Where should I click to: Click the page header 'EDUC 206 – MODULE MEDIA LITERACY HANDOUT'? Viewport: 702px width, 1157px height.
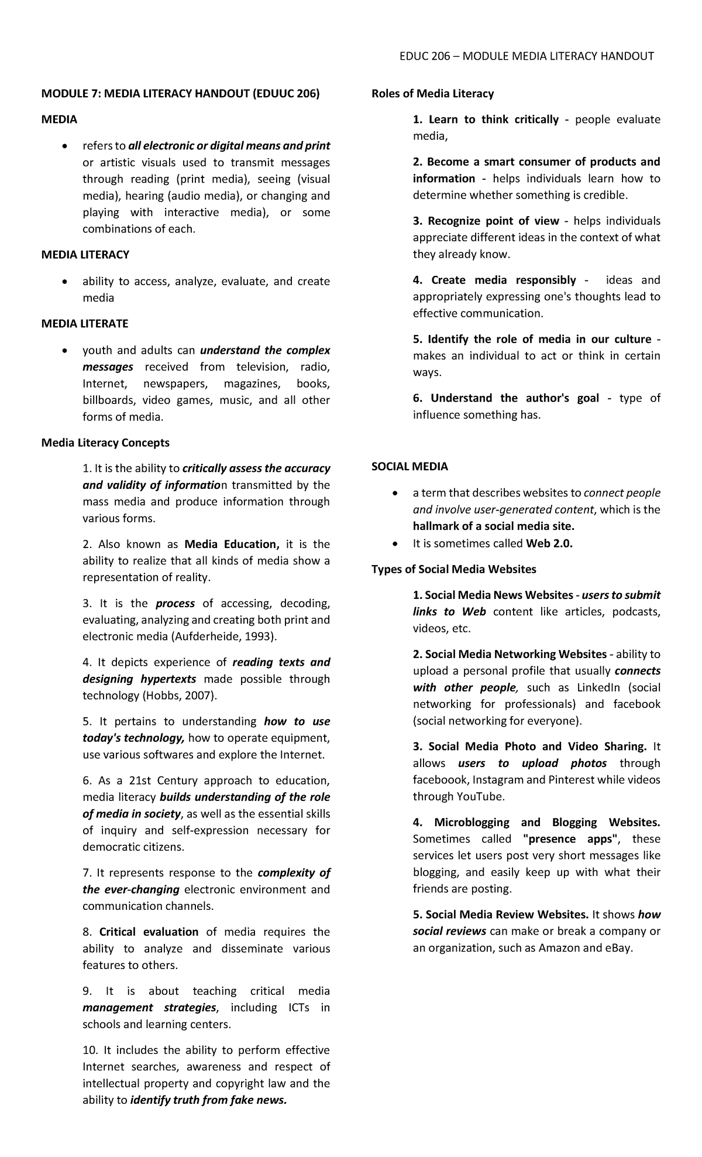[x=526, y=56]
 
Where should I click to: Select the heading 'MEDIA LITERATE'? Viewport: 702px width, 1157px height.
[x=84, y=324]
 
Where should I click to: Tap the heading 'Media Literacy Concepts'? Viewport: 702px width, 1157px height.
[x=105, y=443]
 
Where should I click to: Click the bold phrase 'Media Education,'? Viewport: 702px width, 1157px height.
[x=232, y=544]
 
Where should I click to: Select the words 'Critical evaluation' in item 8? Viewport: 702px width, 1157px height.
[x=149, y=932]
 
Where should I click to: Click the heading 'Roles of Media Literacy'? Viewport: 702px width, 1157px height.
[x=432, y=94]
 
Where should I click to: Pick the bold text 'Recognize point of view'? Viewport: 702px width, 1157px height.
[x=493, y=221]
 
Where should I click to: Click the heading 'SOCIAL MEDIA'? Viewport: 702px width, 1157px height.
[x=409, y=467]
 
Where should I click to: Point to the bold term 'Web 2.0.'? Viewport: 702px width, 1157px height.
[x=549, y=543]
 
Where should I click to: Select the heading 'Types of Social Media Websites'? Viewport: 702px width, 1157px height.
[x=453, y=569]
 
